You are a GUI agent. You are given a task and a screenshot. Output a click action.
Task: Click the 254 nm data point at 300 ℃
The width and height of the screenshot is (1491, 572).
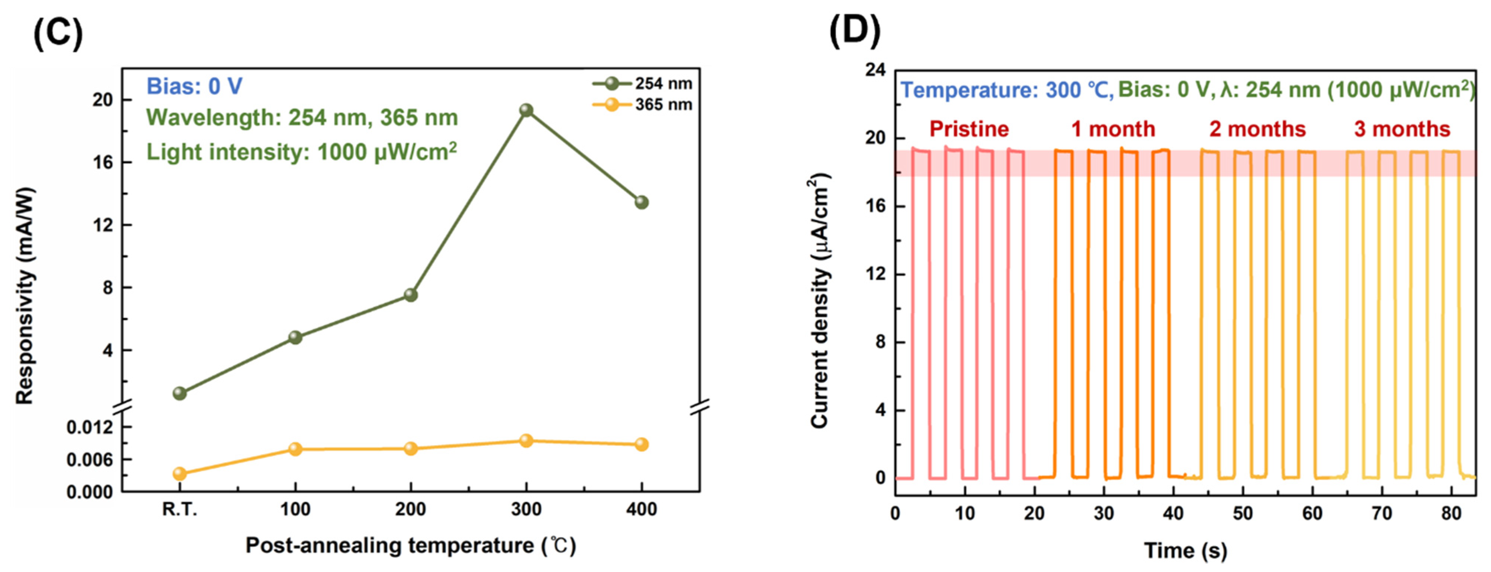(526, 110)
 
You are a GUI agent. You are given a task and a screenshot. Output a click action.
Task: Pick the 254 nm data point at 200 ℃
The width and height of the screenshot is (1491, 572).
(410, 295)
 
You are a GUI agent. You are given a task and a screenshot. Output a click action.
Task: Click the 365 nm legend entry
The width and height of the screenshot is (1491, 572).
(642, 105)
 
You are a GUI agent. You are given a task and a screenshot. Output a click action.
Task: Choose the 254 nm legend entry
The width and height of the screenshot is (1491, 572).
(642, 84)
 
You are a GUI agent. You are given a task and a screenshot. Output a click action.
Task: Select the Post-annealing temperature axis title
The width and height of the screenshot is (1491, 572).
(410, 545)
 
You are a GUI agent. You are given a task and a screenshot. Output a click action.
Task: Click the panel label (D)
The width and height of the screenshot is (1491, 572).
(854, 32)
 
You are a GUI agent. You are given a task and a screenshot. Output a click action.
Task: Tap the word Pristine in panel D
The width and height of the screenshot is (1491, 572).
(969, 129)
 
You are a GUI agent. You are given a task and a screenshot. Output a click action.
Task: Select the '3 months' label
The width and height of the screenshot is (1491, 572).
(1402, 129)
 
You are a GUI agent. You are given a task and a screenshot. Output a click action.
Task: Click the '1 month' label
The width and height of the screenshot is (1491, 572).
(1112, 129)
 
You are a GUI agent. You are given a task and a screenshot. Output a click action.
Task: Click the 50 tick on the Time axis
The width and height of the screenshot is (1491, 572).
(1243, 513)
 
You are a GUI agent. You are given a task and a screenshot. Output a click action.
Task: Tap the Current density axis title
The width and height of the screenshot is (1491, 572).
(820, 301)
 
